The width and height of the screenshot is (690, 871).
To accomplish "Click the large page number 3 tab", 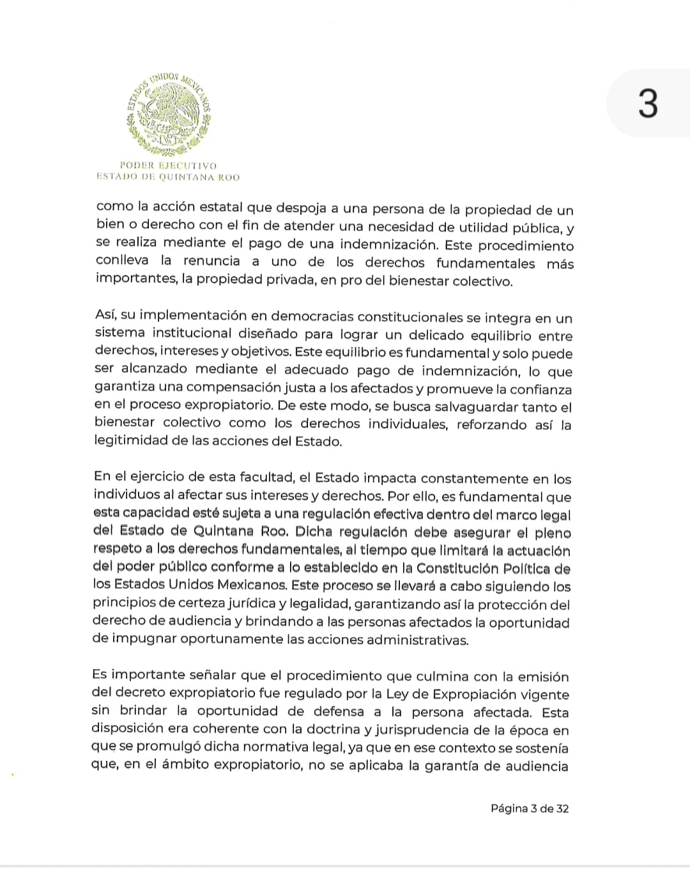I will click(x=648, y=104).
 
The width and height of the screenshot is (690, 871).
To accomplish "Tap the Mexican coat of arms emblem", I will click(x=169, y=112).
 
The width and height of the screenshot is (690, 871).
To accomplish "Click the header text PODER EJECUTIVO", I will click(x=169, y=166).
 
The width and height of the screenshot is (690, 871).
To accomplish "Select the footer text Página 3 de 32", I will click(x=530, y=808).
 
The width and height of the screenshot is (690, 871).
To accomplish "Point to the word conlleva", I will click(x=122, y=261).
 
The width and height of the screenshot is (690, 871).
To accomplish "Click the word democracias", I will click(x=311, y=317).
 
